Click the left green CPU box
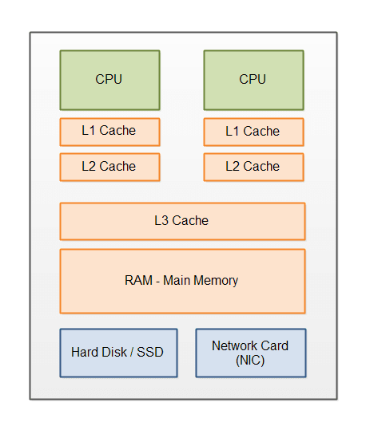pos(109,81)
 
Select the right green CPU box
pos(253,81)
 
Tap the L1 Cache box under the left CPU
pos(109,132)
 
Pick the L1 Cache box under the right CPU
pos(253,132)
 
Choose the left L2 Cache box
pos(109,168)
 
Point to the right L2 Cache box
pos(253,168)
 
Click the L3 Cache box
pos(182,222)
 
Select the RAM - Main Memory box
pos(182,281)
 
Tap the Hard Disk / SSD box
pos(118,353)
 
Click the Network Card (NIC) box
pos(251,353)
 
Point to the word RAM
pos(138,280)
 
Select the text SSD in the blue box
pos(150,352)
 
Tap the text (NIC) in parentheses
pos(250,361)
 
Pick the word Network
pos(234,345)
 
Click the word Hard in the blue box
pos(84,352)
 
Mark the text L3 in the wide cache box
pos(161,221)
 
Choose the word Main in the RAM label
pos(177,280)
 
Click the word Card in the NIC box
pos(275,345)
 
